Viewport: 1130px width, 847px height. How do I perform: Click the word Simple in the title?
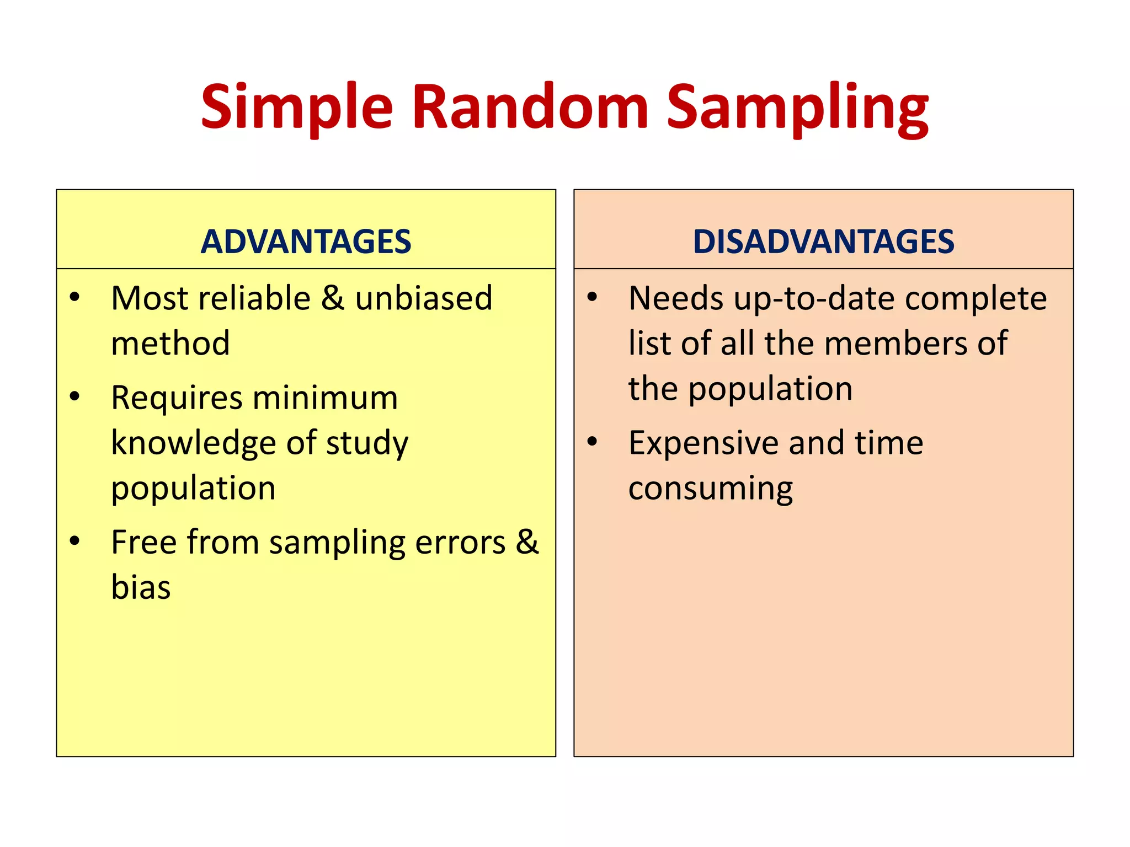click(296, 108)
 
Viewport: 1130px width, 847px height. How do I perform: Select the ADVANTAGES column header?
click(306, 242)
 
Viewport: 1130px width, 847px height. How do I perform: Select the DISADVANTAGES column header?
click(823, 242)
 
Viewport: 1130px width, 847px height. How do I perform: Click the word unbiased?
click(423, 298)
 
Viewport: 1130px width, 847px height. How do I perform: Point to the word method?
click(170, 343)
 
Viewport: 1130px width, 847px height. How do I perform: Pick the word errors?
click(460, 542)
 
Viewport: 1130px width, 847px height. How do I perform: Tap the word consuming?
click(710, 489)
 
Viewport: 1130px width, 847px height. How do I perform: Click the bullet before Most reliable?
click(75, 297)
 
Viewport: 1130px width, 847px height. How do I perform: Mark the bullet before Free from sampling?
click(75, 541)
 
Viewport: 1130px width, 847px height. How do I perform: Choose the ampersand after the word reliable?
click(333, 298)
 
